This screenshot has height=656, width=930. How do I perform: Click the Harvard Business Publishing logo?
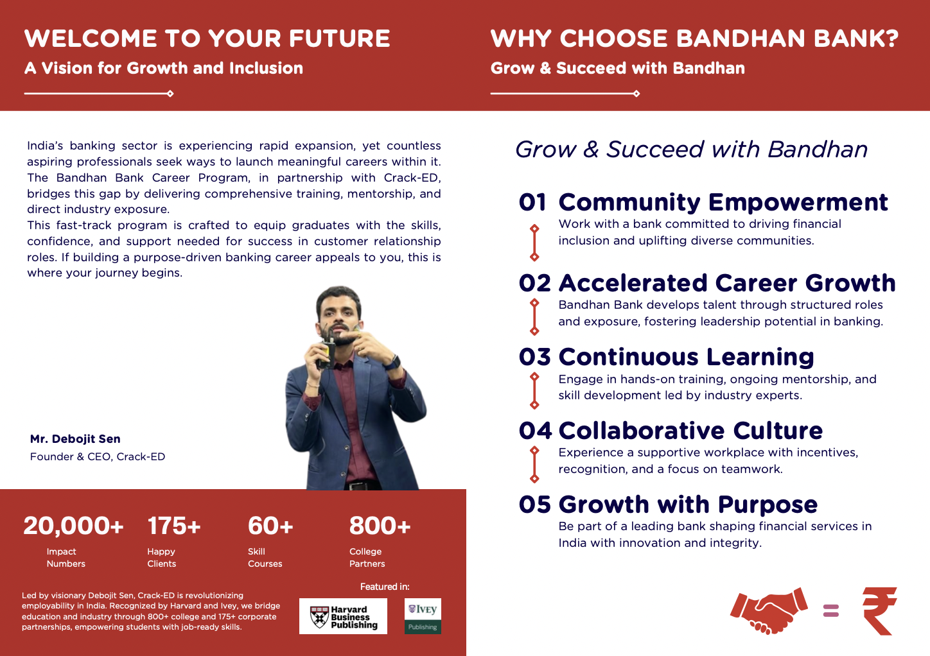(343, 616)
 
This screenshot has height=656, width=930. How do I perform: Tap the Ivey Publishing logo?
(423, 616)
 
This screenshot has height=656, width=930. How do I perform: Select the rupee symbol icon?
(879, 611)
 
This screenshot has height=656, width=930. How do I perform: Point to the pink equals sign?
(831, 611)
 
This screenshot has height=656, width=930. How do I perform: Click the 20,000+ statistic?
(73, 526)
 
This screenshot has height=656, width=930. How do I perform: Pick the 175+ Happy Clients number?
(174, 526)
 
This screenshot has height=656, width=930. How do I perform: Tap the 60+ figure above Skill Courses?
(270, 526)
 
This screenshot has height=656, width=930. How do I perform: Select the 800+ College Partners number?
(380, 526)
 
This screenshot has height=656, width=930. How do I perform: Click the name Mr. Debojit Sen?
(75, 439)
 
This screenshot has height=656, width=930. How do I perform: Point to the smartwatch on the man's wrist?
(392, 362)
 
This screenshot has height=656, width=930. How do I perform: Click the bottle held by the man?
(326, 349)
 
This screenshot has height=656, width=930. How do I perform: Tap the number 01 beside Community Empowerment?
(532, 202)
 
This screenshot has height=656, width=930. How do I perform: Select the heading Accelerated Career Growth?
(727, 283)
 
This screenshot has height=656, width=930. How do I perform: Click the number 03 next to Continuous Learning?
(535, 357)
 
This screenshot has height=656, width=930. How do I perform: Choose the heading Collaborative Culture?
(690, 430)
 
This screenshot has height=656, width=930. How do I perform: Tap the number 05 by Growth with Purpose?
(535, 505)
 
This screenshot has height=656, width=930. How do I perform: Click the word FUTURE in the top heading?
(339, 39)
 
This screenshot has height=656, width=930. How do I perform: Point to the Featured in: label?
(385, 587)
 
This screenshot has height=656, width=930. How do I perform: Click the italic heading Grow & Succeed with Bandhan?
(691, 150)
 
